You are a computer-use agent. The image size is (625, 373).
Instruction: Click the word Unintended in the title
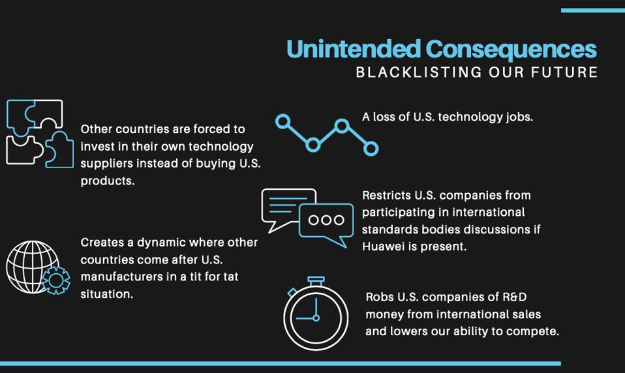pos(354,50)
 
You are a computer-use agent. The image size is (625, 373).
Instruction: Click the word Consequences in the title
pos(511,50)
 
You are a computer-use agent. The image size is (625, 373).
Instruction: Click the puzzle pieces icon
pos(40,134)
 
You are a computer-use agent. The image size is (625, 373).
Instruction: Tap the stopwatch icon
pos(316,314)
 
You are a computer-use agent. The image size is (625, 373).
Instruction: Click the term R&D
pos(515,297)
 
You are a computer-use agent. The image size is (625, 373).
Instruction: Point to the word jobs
pos(519,117)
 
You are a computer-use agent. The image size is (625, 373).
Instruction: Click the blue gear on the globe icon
pos(56,280)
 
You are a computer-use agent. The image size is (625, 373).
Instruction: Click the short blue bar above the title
pos(592,10)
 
